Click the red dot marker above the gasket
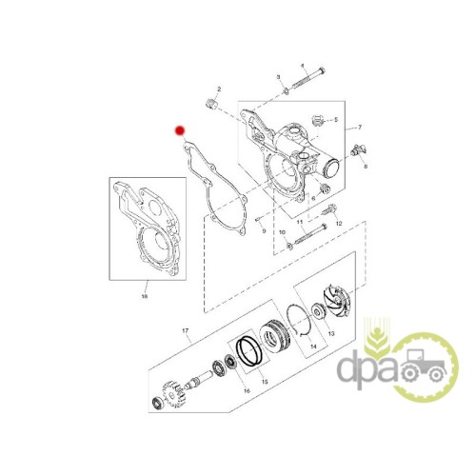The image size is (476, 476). coord(180,130)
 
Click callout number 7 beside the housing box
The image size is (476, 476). coord(360,128)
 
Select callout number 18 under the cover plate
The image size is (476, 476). coord(145,297)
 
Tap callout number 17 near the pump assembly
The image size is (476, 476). coord(186,331)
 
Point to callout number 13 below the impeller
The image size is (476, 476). coord(331,333)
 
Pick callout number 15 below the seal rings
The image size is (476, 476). coord(265,382)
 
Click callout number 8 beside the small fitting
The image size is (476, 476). coord(366,166)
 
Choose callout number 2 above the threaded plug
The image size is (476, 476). coord(219,89)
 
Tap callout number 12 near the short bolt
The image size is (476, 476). coord(339,224)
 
